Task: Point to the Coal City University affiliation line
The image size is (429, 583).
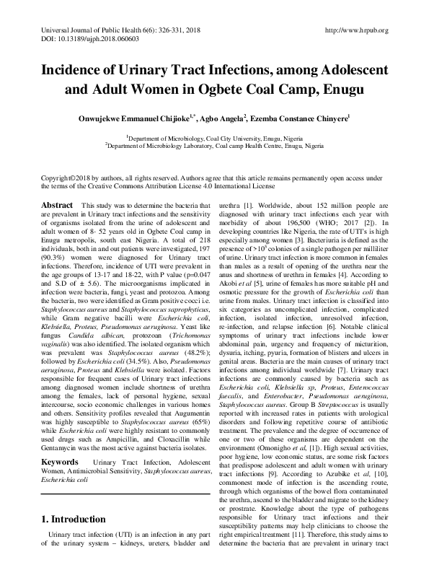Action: point(214,136)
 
